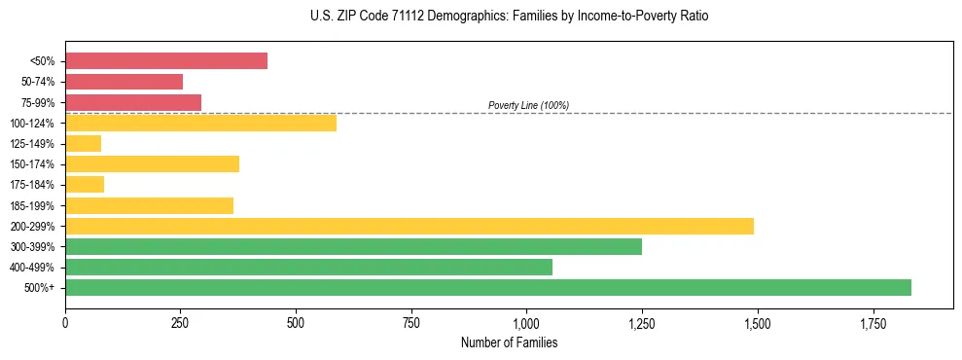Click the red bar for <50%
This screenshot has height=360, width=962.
pos(166,61)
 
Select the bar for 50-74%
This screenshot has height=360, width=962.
pos(125,82)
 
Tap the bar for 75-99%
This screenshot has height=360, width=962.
pos(133,102)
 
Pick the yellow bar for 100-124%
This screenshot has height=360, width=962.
pos(200,123)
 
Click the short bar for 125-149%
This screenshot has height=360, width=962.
pos(84,144)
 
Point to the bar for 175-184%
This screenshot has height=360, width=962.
pos(85,185)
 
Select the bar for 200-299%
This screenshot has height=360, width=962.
pos(410,226)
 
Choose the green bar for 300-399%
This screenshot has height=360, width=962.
pos(353,247)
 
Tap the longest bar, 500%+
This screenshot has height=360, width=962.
pos(488,288)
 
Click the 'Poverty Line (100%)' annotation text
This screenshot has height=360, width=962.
pos(528,105)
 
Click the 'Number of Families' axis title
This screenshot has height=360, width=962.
pos(509,343)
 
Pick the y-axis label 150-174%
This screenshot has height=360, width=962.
pos(33,164)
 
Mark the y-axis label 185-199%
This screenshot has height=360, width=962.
pos(33,206)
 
